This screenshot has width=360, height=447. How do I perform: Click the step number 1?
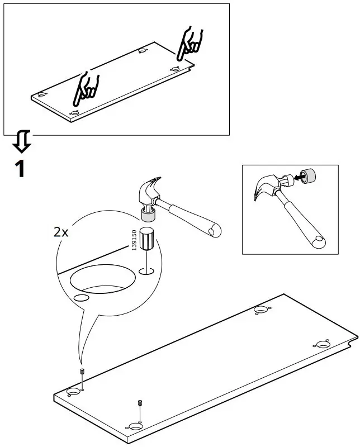pyautogui.click(x=20, y=168)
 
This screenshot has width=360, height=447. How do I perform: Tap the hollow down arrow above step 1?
pyautogui.click(x=22, y=142)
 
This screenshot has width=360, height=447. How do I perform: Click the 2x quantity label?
pyautogui.click(x=61, y=232)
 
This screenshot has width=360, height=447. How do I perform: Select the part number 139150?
pyautogui.click(x=134, y=240)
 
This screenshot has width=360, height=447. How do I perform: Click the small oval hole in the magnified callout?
pyautogui.click(x=81, y=298)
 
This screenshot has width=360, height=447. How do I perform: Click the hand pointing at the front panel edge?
pyautogui.click(x=86, y=88)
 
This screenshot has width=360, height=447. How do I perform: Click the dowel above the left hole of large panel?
pyautogui.click(x=82, y=372)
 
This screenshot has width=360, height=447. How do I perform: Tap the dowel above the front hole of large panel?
pyautogui.click(x=139, y=403)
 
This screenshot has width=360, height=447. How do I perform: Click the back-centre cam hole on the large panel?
pyautogui.click(x=260, y=309)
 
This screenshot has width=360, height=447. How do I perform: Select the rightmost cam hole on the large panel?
pyautogui.click(x=323, y=344)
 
